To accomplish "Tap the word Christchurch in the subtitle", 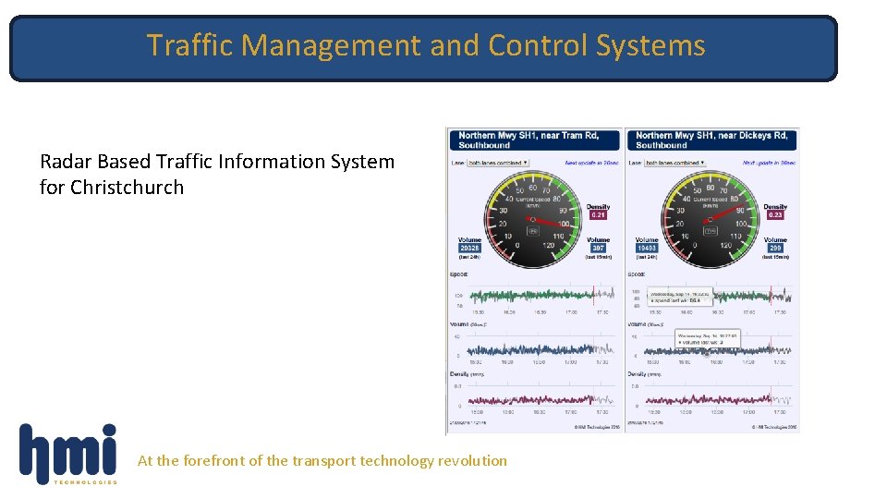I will point(127,188).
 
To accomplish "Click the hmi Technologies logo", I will point(68,454).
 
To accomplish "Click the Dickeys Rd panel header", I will point(712,140).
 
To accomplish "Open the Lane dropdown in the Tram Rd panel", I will point(498,163).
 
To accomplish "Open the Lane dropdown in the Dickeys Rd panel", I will point(675,163).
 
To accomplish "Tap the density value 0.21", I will point(598,214).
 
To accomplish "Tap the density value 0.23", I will point(775,214).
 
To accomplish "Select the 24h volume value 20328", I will point(470,248).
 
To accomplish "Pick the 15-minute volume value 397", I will point(598,248).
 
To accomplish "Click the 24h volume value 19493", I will point(647,248).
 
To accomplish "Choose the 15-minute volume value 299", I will point(775,248).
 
